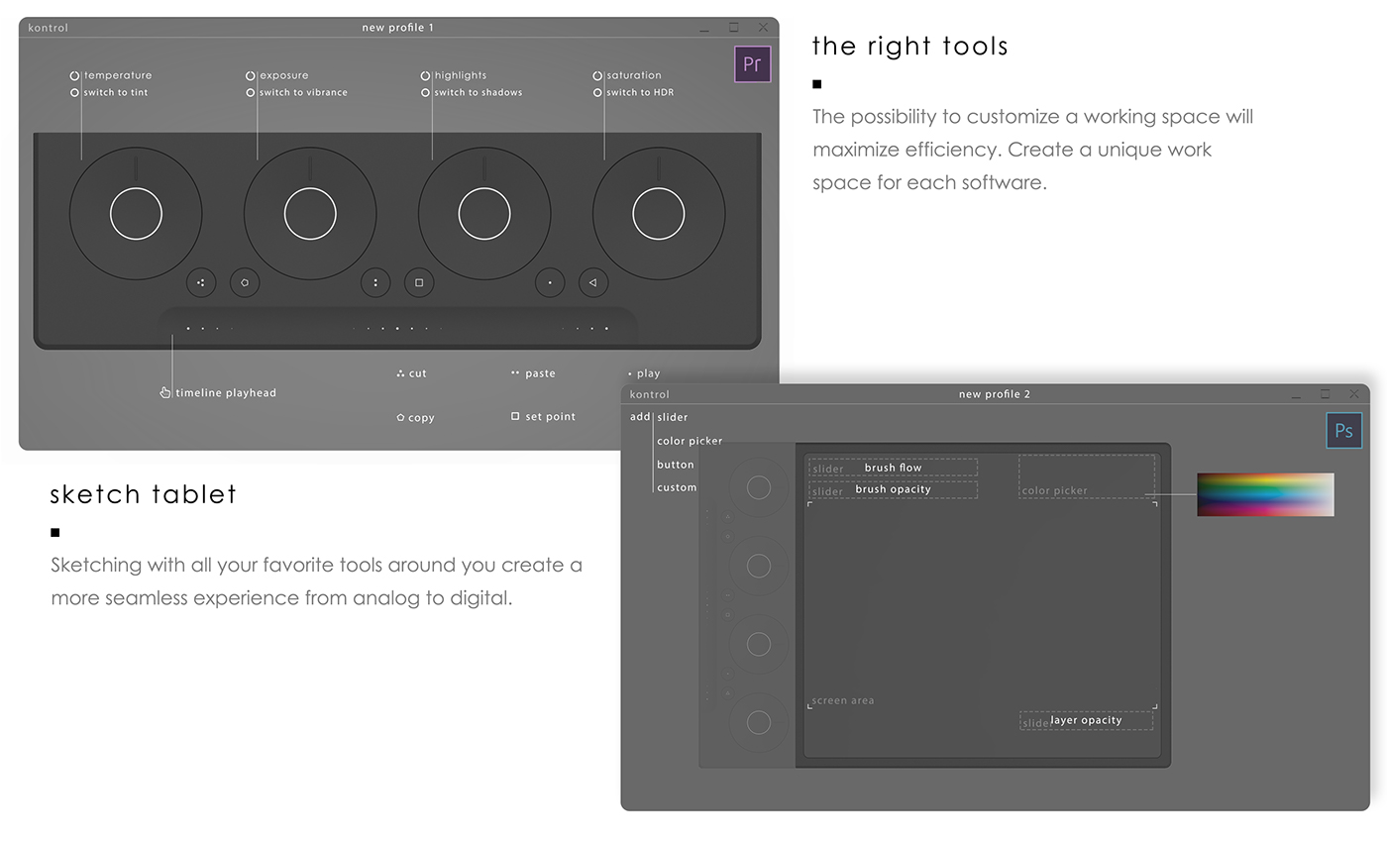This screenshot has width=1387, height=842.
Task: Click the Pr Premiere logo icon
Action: coord(752,64)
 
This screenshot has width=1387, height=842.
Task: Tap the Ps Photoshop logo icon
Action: coord(1343,431)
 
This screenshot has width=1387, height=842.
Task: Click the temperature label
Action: coord(117,75)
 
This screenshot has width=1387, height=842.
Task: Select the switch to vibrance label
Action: coord(302,92)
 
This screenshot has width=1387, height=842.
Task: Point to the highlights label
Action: coord(460,75)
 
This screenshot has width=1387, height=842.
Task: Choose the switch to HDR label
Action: coord(640,92)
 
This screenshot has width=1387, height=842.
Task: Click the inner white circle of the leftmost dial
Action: coord(136,213)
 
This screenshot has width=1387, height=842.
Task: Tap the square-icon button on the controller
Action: coord(419,282)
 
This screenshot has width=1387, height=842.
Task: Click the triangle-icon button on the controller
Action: coord(592,282)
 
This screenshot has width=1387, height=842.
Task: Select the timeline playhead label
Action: coord(226,393)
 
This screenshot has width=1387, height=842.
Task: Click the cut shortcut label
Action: coord(417,373)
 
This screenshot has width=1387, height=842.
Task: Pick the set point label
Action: coord(550,417)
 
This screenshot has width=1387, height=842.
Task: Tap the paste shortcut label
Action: coord(540,373)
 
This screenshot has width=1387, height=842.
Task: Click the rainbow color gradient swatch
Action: coord(1265,494)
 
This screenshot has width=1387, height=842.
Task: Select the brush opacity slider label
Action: coord(893,489)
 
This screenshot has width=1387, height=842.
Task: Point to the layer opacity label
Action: coord(1086,720)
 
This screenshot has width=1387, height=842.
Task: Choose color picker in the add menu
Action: coord(690,441)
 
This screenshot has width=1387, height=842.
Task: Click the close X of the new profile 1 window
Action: coord(763,28)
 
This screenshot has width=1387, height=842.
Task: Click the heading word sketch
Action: coord(94,494)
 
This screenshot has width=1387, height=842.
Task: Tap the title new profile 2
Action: coord(995,394)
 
